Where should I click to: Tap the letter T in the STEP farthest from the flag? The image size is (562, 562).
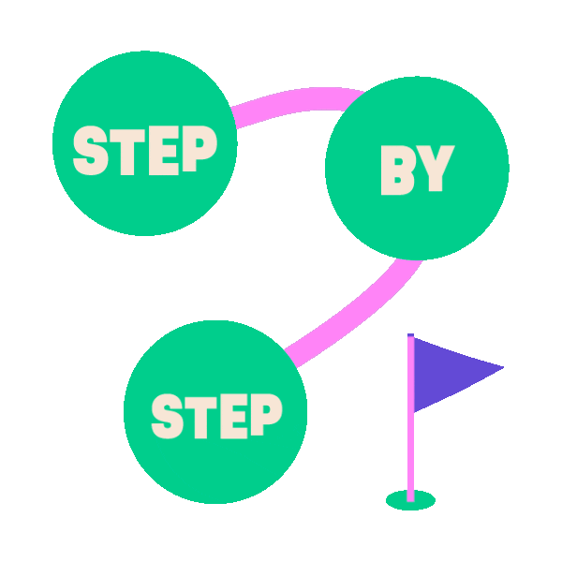tap(125, 150)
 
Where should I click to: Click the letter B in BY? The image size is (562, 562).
tap(397, 170)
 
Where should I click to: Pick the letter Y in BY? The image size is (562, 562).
tap(435, 170)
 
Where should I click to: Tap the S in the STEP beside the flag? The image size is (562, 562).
tap(169, 415)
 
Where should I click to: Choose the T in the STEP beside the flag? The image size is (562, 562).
tap(200, 415)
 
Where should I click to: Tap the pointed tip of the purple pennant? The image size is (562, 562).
tap(502, 367)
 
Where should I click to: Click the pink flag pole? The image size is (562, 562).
tap(410, 440)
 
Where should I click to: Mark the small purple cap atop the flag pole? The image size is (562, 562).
tap(410, 334)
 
